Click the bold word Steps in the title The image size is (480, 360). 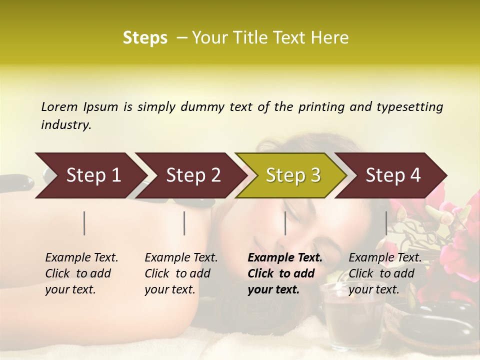pos(145,38)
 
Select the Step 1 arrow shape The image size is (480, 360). pos(90,175)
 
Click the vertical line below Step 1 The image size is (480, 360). pos(84,223)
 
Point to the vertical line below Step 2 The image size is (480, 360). pos(184,223)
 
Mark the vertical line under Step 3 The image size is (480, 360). pos(285,223)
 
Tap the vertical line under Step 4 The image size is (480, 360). pos(386,223)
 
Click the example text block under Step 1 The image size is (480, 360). pos(81,273)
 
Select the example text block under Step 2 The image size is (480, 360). pos(181,273)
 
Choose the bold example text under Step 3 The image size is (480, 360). pos(285,273)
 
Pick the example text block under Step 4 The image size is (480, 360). pos(385,273)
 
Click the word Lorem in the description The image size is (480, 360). pos(59,106)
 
